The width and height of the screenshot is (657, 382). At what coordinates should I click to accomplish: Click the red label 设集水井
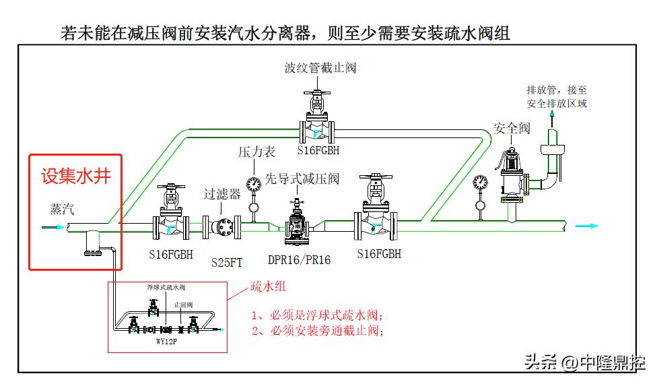point(75,177)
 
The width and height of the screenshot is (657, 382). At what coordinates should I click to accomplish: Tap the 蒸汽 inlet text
point(62,209)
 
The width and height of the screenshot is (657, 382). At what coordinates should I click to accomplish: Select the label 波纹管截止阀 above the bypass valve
point(320,67)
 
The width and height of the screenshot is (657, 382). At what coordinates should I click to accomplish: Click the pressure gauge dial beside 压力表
point(254,183)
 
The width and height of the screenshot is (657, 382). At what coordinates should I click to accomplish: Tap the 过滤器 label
point(222,194)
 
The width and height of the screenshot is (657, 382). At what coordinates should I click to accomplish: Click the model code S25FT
point(227,262)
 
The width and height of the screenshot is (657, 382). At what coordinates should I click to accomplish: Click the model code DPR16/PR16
point(299,259)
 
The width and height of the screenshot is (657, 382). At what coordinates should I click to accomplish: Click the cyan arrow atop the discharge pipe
point(553,116)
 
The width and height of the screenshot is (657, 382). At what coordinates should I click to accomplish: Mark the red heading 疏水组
point(269,286)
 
